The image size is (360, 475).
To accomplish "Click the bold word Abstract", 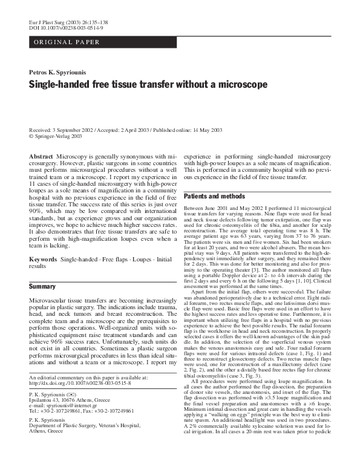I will (41, 156).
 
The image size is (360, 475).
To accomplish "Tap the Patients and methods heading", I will (211, 197).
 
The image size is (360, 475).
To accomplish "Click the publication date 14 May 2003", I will (206, 130).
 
